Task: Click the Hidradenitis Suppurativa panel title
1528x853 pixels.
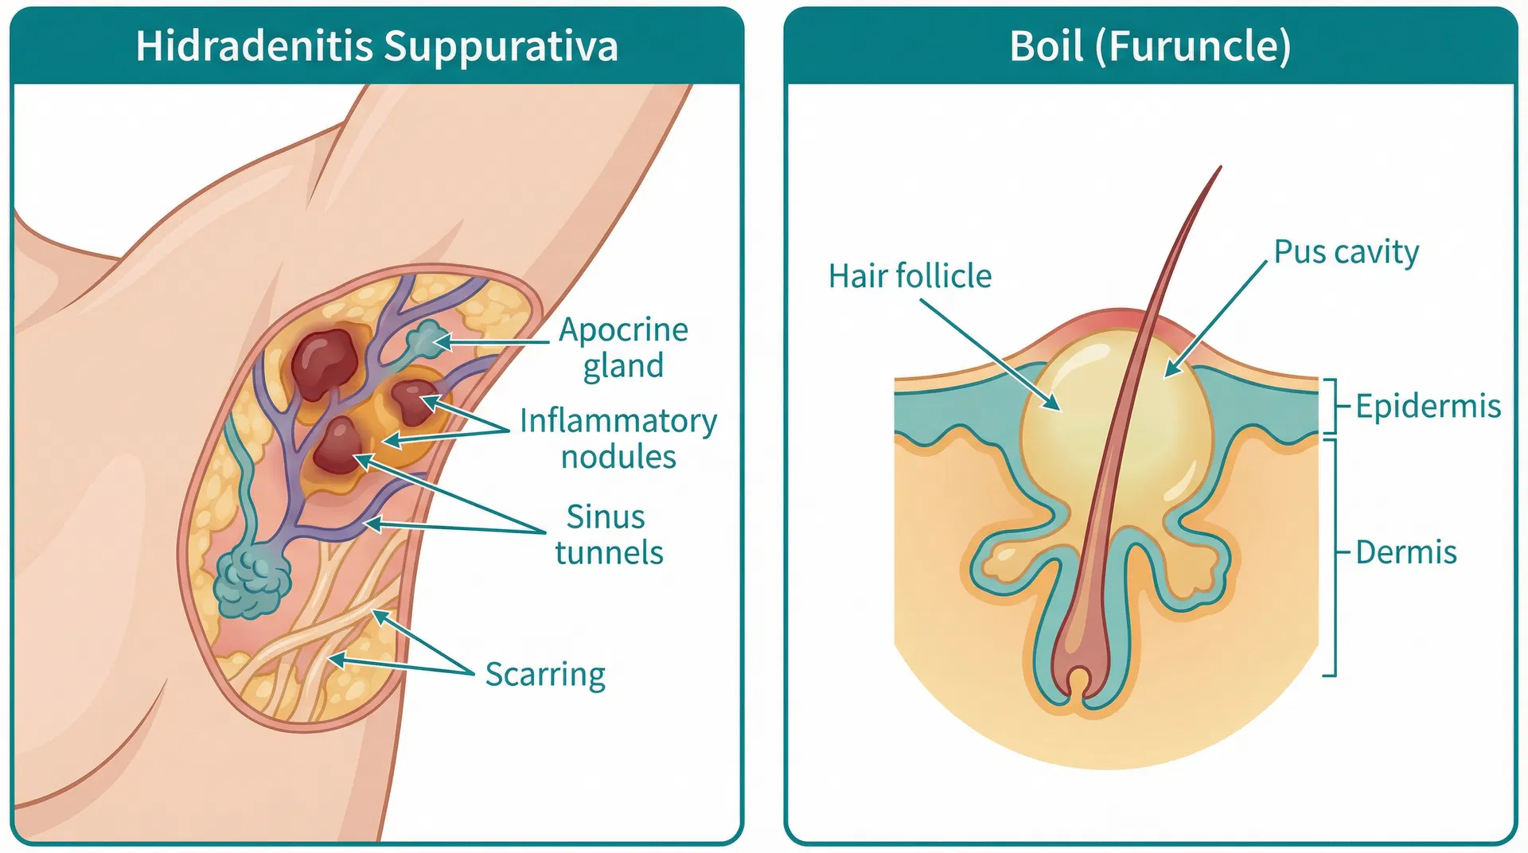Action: coord(376,46)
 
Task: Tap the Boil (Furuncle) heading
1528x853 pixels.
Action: coord(1150,46)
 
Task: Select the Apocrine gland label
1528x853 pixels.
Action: coord(623,348)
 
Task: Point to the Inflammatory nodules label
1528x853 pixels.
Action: coord(618,438)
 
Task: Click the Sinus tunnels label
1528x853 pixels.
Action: coord(608,534)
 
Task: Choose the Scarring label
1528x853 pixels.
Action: coord(545,674)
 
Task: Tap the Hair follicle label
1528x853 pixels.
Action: coord(910,276)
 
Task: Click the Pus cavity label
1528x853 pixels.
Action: coord(1346,252)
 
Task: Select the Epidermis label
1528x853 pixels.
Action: coord(1428,406)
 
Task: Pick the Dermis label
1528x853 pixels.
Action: coord(1405,552)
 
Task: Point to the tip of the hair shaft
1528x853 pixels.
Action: coord(1219,169)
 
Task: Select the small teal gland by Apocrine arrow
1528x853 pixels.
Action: coord(428,339)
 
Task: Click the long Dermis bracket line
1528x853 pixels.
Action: coord(1335,557)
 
